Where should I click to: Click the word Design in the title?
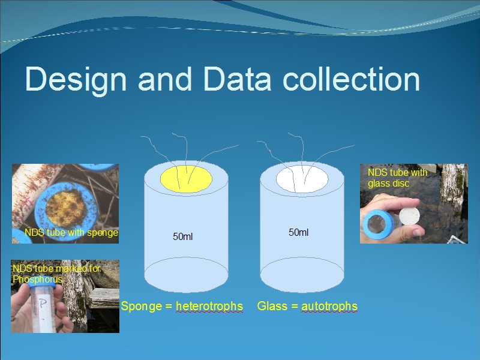76,79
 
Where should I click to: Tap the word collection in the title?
351,79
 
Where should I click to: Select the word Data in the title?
237,79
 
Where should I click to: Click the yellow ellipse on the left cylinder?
186,179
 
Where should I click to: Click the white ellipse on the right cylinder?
302,179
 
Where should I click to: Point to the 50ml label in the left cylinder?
182,236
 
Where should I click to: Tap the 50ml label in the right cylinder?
298,232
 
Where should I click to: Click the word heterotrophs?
209,306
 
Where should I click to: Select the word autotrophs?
329,306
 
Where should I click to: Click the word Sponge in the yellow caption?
141,307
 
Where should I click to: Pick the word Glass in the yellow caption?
272,306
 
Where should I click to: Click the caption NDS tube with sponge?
71,233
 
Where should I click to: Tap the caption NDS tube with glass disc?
397,178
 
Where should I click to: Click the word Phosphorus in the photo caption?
37,279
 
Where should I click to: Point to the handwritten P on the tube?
43,304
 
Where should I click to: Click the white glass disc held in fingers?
410,217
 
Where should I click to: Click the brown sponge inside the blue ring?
66,208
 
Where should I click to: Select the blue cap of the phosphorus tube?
42,285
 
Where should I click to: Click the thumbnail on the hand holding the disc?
418,232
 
